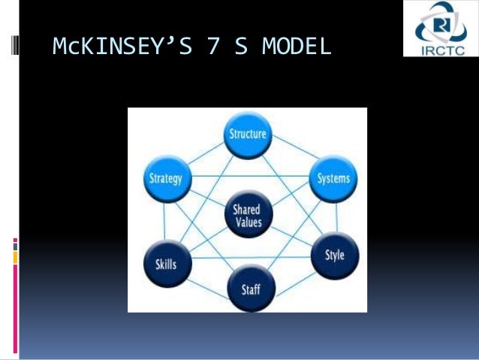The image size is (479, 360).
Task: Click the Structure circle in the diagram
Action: pos(247,136)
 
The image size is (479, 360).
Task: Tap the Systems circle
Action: pos(332,179)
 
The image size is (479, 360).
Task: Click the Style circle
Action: pos(334,256)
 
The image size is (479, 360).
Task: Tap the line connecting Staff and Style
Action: pos(294,274)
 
